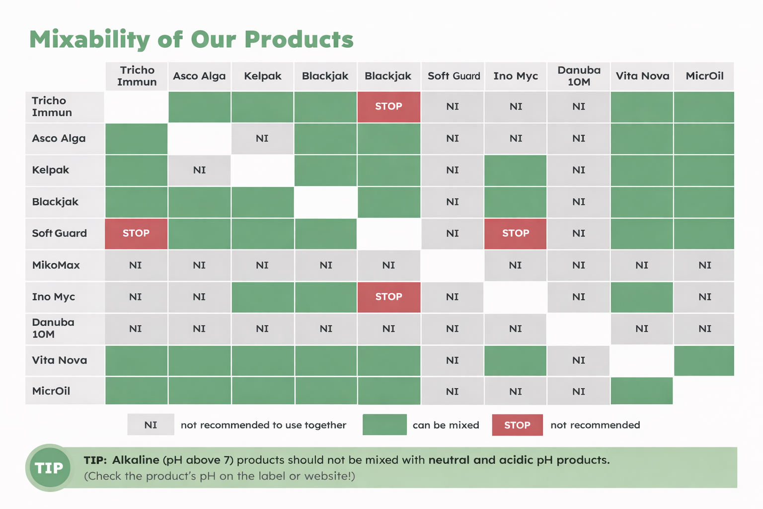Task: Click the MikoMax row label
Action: pos(56,265)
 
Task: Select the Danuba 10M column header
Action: pos(579,76)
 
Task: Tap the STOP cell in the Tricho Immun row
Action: pos(388,106)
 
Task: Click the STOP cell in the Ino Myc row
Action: pos(388,297)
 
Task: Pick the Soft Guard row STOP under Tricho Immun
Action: pos(136,233)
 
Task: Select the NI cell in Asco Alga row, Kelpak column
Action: pos(262,139)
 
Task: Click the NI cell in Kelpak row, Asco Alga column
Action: pos(199,170)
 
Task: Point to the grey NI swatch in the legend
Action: pos(151,425)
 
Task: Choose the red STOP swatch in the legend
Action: pos(517,425)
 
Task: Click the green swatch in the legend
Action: pos(384,425)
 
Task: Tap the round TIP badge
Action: pos(49,468)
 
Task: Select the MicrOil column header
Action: pos(704,76)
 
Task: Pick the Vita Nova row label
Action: pos(59,360)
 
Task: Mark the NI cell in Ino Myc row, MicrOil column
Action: pos(704,297)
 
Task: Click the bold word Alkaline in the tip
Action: pos(136,460)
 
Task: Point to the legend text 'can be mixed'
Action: pos(446,425)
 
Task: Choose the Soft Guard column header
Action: pos(454,76)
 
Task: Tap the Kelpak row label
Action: pos(50,170)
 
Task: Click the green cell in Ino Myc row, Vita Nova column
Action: pos(642,297)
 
